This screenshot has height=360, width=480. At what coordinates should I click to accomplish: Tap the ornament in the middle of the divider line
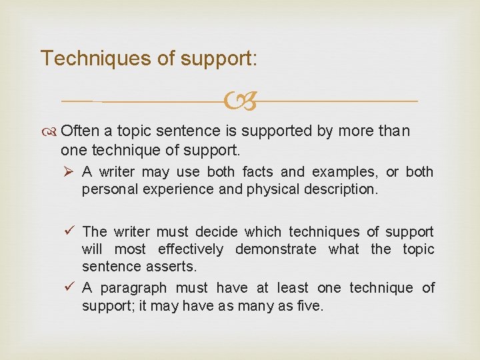[239, 101]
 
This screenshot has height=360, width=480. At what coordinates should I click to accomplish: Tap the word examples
[349, 172]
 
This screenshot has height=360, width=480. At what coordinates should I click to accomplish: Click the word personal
[107, 189]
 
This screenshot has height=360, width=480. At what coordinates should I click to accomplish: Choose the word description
[339, 189]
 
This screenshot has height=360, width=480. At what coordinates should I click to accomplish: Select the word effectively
[191, 249]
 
